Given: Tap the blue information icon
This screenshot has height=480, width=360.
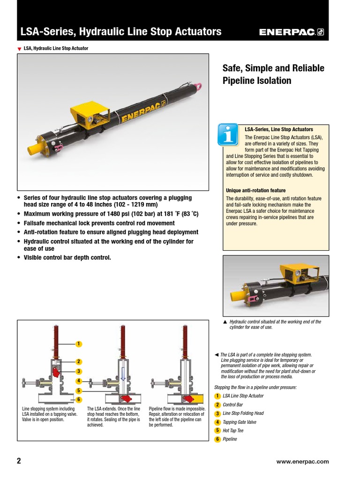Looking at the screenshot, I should pos(228,135).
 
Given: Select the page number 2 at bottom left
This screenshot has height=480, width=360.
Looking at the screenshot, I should pos(19,461).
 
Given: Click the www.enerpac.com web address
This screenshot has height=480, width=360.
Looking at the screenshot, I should pos(303,461).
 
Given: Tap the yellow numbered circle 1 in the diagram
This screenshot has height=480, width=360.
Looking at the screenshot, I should pos(79,344).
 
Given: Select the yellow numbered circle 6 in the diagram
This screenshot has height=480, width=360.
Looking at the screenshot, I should pos(79,399).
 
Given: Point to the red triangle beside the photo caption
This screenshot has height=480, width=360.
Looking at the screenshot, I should pos(19,49).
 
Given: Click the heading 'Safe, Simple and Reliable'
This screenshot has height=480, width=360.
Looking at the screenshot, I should pos(273,68).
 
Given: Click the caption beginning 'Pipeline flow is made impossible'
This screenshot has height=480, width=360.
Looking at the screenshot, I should pos(176,417).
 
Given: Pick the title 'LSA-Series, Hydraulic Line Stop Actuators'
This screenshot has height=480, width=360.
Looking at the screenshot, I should pos(121,32).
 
